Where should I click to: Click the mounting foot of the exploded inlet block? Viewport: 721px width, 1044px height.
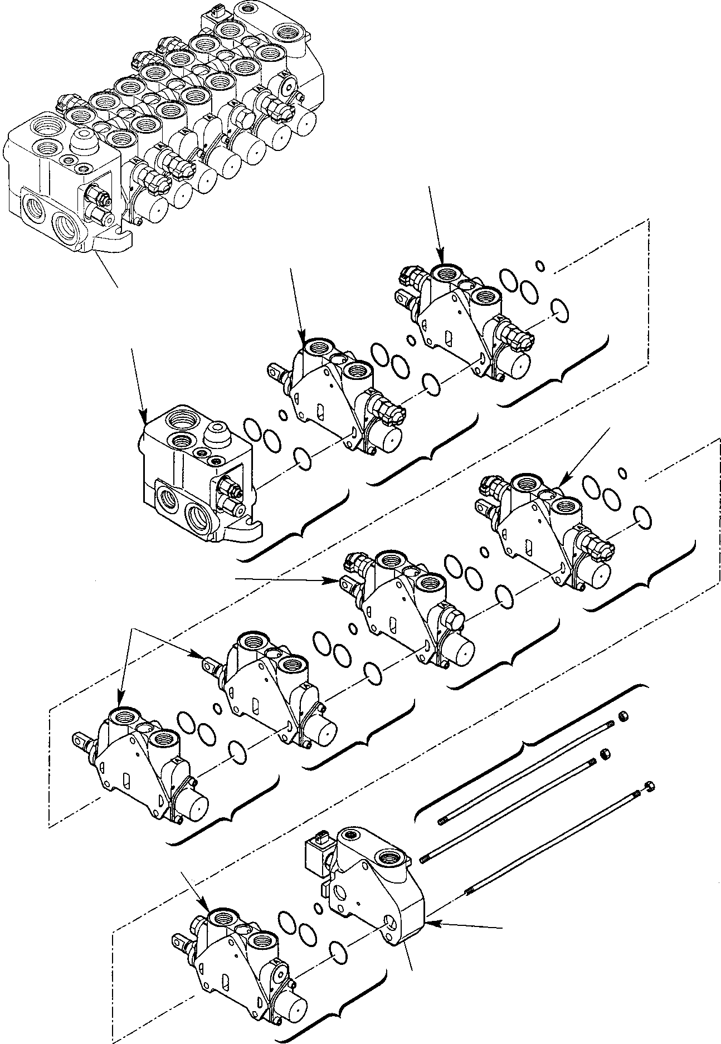[248, 532]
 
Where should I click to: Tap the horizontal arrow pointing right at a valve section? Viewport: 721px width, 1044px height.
[334, 581]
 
